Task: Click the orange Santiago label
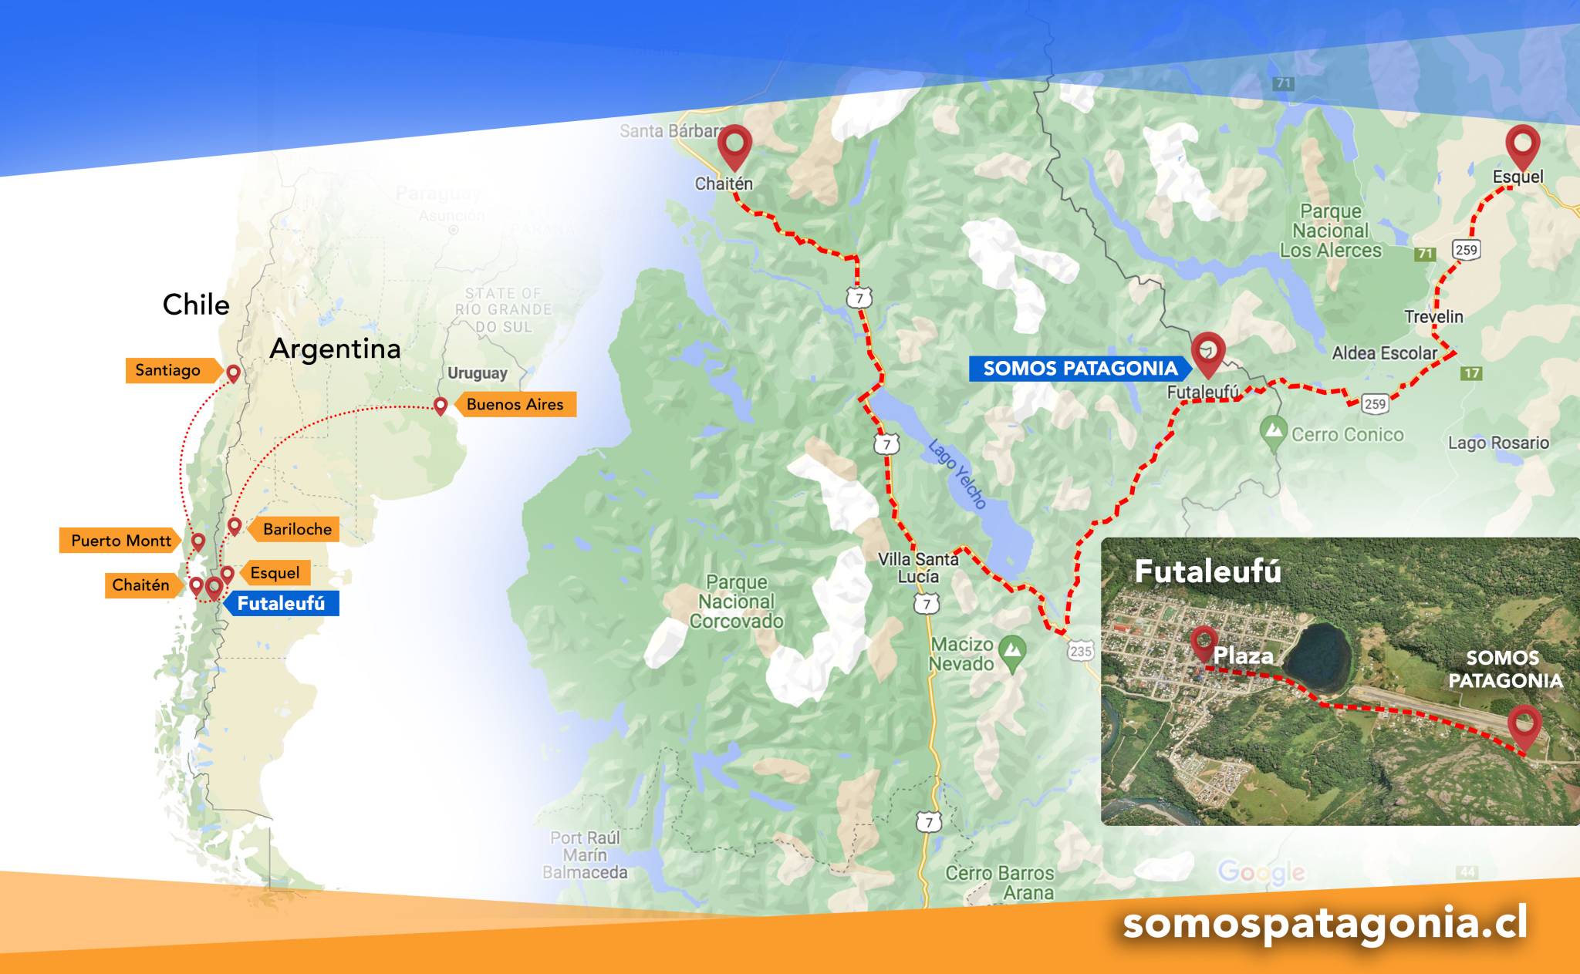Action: [x=168, y=370]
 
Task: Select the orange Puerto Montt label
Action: [x=120, y=541]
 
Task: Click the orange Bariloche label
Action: [x=297, y=529]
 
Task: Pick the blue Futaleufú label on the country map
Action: [x=281, y=603]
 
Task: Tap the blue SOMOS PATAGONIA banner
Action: [x=1079, y=369]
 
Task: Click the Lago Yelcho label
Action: [x=957, y=474]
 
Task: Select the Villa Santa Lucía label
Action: [x=918, y=568]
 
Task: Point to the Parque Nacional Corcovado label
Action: [x=736, y=602]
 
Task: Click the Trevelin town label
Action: [x=1433, y=317]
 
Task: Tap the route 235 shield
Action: [x=1081, y=651]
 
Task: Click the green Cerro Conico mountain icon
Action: [x=1273, y=432]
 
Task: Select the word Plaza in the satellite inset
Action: [x=1243, y=656]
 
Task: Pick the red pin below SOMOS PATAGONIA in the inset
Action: [x=1525, y=725]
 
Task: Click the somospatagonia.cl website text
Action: [x=1325, y=924]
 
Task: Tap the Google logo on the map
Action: [x=1261, y=872]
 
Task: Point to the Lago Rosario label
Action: [x=1498, y=443]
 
